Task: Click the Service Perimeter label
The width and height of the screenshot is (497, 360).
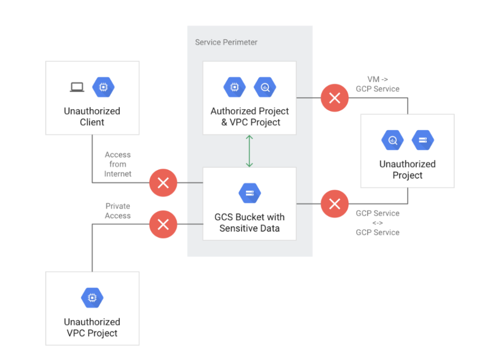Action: (226, 42)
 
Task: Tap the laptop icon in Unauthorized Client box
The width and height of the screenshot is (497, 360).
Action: (77, 87)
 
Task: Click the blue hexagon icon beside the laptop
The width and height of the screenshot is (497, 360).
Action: (104, 87)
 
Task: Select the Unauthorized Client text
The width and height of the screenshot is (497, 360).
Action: (92, 116)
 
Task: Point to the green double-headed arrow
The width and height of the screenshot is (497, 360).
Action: (250, 151)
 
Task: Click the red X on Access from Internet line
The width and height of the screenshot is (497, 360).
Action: (163, 183)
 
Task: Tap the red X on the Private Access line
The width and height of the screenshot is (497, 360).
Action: (163, 224)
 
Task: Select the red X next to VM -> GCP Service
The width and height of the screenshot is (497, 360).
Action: (334, 98)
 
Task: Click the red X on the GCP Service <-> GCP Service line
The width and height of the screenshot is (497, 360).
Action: (334, 204)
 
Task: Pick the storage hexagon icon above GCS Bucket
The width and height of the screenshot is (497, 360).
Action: (250, 193)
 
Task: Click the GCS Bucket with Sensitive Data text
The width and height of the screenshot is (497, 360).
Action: (250, 222)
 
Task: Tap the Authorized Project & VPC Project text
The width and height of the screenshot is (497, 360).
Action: (250, 116)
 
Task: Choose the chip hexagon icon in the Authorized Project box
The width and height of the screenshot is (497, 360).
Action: (235, 87)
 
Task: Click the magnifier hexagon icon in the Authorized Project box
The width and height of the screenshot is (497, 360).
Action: (265, 87)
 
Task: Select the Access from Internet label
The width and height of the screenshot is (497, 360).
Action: (118, 164)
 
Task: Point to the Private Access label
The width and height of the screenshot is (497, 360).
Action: (118, 211)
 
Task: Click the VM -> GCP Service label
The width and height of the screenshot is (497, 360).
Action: (377, 84)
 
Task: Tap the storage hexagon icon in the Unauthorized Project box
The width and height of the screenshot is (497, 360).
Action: (422, 140)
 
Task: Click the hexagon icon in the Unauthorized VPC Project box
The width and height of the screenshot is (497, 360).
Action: (92, 298)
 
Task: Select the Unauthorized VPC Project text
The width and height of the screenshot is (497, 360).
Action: (92, 327)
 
